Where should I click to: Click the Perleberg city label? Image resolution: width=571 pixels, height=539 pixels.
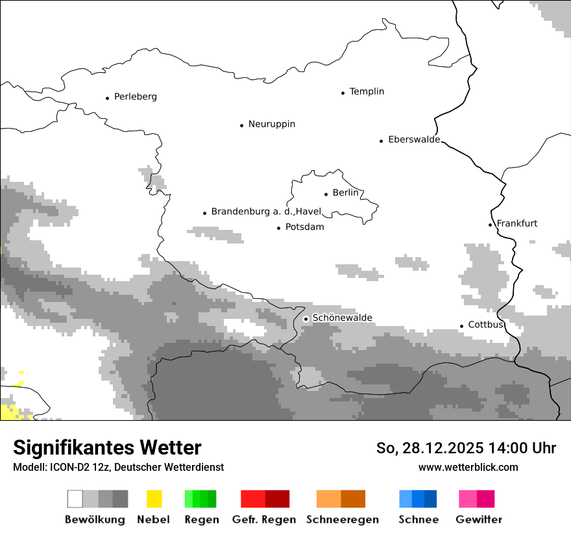(x=135, y=97)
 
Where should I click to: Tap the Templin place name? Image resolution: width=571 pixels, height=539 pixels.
(x=367, y=92)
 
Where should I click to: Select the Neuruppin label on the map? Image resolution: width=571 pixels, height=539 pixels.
(x=271, y=124)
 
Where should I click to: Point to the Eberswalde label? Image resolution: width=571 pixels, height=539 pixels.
(x=413, y=140)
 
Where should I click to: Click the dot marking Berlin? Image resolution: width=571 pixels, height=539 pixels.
(x=326, y=194)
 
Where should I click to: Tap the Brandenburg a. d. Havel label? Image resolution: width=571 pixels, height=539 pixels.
(x=266, y=212)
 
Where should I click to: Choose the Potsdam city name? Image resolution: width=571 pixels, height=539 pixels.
(x=304, y=227)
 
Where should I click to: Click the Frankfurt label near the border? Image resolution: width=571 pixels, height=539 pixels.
(x=516, y=223)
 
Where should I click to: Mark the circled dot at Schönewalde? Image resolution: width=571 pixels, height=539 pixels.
(x=306, y=318)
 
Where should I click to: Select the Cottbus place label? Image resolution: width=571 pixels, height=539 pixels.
(x=485, y=325)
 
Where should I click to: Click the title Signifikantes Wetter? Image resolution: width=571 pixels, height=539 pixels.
(x=107, y=447)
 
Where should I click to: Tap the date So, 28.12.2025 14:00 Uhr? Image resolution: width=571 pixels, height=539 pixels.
(x=466, y=448)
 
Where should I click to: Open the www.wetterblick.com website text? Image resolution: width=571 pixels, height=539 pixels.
(x=468, y=467)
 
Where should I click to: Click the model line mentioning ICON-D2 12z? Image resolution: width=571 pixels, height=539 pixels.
(x=118, y=467)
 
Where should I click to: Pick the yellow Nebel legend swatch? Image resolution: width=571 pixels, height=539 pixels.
(x=154, y=499)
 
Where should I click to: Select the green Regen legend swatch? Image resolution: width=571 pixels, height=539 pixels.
(x=200, y=499)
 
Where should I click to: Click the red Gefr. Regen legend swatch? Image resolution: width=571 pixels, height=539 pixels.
(x=265, y=499)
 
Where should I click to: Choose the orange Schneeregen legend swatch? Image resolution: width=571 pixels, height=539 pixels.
(x=341, y=499)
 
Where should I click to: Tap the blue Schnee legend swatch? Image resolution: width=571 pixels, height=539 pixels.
(x=418, y=499)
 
